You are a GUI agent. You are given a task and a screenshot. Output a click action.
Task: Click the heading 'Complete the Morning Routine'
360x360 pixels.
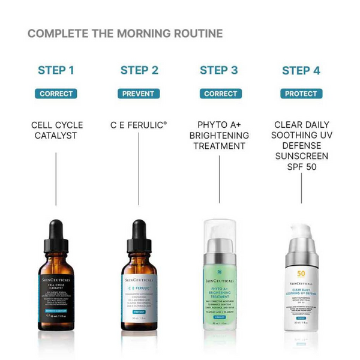(x=125, y=33)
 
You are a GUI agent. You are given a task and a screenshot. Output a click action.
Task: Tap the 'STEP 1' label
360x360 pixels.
(x=56, y=70)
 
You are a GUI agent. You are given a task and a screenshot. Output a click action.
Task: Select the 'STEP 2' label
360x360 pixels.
(x=139, y=70)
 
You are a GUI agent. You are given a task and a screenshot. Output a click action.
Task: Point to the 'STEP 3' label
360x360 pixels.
(x=219, y=70)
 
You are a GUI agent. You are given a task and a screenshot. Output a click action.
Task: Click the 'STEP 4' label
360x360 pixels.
(x=301, y=70)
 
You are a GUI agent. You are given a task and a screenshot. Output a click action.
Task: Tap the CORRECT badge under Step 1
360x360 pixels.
(x=56, y=94)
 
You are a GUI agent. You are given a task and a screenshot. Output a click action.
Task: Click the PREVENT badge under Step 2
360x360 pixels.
(x=139, y=94)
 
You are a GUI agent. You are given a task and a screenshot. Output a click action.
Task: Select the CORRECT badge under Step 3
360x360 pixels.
(x=220, y=94)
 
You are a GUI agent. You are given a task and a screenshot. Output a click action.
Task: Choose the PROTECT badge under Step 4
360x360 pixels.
(x=301, y=94)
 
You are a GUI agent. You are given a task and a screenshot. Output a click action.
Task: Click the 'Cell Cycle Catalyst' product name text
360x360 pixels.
(x=57, y=130)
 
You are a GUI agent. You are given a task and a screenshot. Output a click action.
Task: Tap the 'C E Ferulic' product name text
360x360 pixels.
(x=139, y=125)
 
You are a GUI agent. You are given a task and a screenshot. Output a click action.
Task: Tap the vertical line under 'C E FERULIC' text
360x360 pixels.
(x=139, y=174)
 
